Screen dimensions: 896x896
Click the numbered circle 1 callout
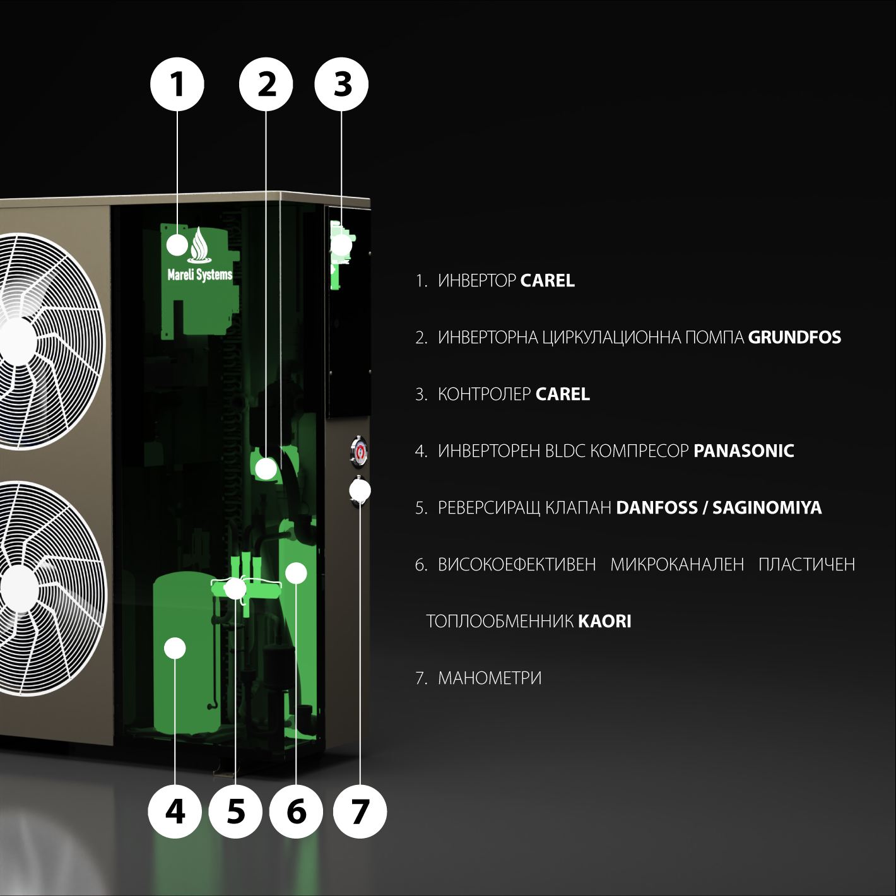[x=177, y=84]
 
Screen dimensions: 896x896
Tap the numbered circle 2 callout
[x=266, y=84]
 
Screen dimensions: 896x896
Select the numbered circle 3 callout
[x=342, y=84]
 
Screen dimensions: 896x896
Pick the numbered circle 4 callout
[x=175, y=812]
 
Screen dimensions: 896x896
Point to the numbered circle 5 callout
[x=235, y=812]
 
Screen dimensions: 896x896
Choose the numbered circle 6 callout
[x=296, y=812]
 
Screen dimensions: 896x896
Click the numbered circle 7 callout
[x=360, y=812]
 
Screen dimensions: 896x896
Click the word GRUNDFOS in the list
[x=794, y=338]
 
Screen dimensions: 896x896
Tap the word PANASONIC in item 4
[x=743, y=451]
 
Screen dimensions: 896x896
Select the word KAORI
[x=604, y=621]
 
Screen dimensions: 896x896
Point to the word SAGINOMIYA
[x=767, y=508]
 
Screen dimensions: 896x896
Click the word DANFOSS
[x=656, y=508]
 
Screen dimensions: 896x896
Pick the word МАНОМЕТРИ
[x=490, y=678]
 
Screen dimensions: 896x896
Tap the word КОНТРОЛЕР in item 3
[x=484, y=394]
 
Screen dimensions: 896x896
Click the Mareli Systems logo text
[x=200, y=275]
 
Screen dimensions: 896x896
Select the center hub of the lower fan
[x=18, y=588]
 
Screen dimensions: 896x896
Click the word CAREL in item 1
[x=547, y=281]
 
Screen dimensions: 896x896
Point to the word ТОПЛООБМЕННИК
[x=500, y=621]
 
